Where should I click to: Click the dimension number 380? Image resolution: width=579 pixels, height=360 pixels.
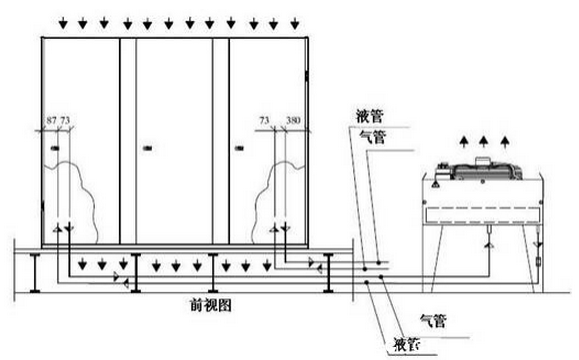(294, 120)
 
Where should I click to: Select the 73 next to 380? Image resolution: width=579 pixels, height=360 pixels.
(265, 120)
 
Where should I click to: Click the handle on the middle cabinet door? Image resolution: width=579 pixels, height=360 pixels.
(147, 149)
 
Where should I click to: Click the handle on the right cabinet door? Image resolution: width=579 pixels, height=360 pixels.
(240, 149)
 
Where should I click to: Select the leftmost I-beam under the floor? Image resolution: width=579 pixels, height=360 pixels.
(38, 270)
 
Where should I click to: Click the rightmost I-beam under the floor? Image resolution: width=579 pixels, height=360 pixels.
(328, 270)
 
